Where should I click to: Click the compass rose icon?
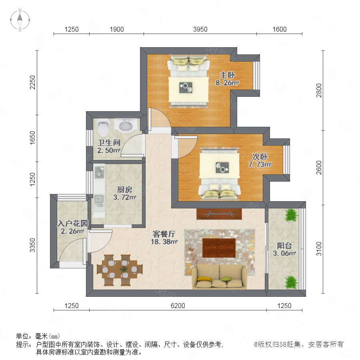click(20, 20)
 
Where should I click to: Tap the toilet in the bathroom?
click(103, 128)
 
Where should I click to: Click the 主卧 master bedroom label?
click(227, 75)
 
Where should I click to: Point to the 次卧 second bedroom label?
click(260, 157)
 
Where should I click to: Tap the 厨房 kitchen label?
click(125, 190)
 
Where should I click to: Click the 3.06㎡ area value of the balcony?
click(284, 253)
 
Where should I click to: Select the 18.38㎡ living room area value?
click(164, 242)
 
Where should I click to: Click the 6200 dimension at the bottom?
click(178, 306)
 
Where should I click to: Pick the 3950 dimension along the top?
click(200, 29)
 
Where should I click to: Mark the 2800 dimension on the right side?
click(319, 90)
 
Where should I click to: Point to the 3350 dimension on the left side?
click(33, 245)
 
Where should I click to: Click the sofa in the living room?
click(220, 277)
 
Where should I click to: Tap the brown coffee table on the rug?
click(219, 248)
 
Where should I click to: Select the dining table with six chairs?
click(120, 270)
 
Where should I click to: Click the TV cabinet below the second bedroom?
click(219, 214)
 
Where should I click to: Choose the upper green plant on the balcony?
click(291, 215)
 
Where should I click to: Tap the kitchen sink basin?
click(99, 199)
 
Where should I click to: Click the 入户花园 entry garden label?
click(73, 223)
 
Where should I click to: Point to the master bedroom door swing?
click(159, 119)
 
